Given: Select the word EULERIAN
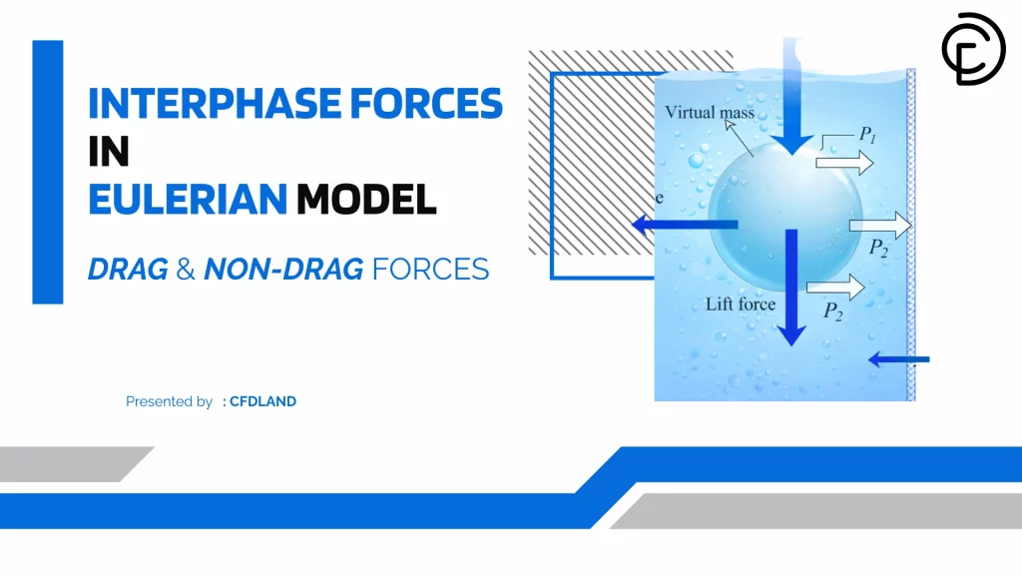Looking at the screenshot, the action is pos(188,200).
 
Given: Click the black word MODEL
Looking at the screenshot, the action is pos(366,200).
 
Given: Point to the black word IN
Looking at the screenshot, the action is pos(109,152).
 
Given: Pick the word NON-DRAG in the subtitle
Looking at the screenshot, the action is pos(283,270).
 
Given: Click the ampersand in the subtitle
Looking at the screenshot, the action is pos(186,270).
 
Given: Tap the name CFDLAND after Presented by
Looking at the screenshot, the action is pos(262,401).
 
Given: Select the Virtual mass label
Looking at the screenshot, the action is pos(710,112).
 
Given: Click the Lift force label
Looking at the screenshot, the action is pos(741,303).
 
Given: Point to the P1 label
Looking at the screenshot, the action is pos(867,135).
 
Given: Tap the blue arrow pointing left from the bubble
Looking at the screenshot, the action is pos(685,225).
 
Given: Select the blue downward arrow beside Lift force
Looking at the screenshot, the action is pos(791,287).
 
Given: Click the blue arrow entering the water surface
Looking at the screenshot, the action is pos(791,97).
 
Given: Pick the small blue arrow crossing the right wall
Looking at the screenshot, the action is pos(899,358).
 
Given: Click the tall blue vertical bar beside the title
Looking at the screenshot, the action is pos(48,172).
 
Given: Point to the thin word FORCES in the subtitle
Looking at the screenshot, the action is pos(430,270).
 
